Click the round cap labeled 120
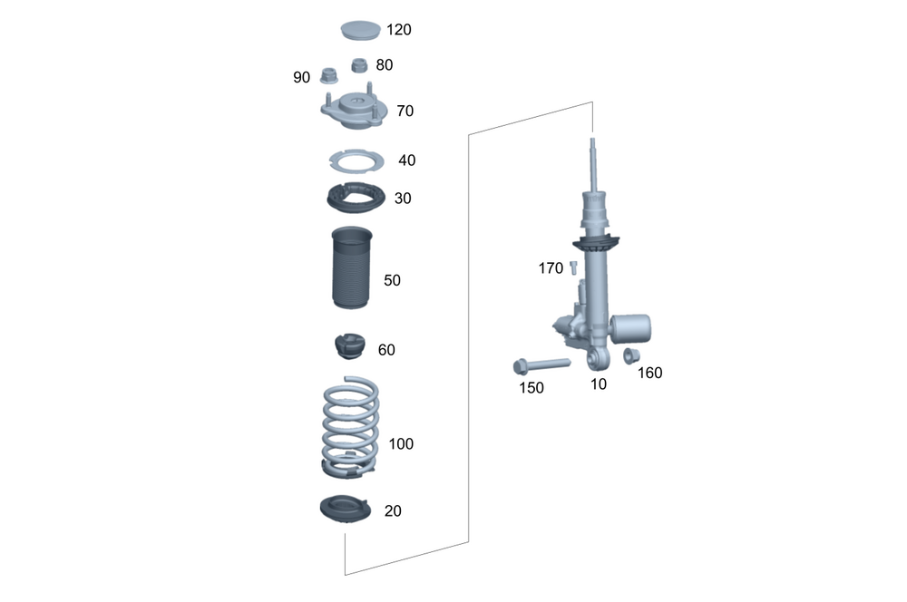pos(361,30)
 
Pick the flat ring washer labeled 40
pos(356,161)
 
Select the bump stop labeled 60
pos(350,346)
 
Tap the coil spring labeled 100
pos(351,426)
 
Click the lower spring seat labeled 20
pos(346,510)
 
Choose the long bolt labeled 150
pos(540,365)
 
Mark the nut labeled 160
pos(632,355)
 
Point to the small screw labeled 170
pos(573,267)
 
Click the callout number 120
pos(398,30)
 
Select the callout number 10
pos(599,384)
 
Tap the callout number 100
pos(401,444)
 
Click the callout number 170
pos(551,268)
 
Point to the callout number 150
pos(531,388)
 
